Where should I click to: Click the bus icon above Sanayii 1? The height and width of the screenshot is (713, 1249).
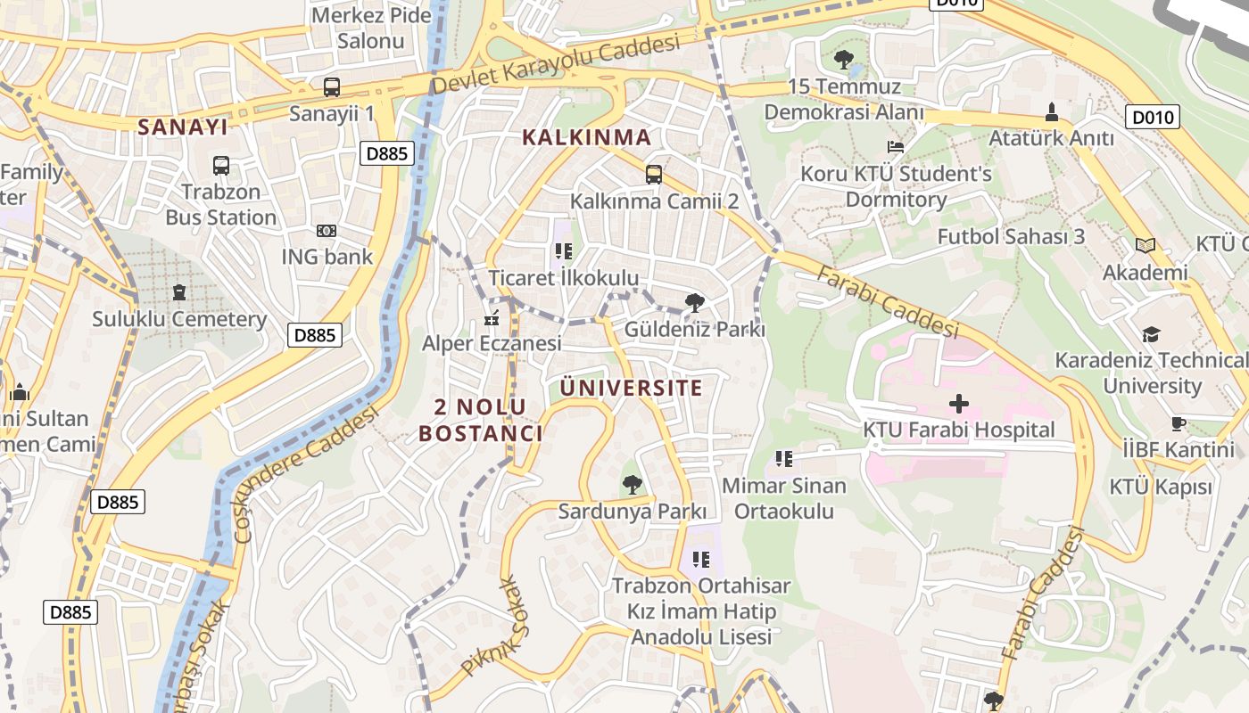[332, 86]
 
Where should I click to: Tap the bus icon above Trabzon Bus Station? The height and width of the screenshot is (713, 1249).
[221, 165]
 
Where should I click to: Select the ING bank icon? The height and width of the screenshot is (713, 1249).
[327, 231]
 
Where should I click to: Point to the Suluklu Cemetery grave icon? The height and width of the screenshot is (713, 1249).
[179, 292]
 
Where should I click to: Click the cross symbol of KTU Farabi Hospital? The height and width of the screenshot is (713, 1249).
[959, 404]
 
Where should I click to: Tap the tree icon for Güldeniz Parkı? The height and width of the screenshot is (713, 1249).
[694, 303]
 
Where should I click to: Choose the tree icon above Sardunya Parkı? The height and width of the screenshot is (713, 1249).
[633, 485]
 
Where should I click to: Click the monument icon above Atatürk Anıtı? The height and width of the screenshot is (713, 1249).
[1051, 112]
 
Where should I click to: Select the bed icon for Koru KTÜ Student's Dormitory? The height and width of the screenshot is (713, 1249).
[896, 146]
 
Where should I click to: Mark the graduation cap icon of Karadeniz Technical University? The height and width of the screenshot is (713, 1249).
[1152, 334]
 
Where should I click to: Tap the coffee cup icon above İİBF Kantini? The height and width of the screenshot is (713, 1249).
[1178, 423]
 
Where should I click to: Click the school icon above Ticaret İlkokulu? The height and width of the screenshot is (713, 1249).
[563, 251]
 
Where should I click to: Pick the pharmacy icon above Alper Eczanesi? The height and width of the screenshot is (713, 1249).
[491, 316]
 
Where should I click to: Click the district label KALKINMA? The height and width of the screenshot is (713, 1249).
[586, 137]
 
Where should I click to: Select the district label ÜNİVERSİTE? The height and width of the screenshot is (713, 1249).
[632, 388]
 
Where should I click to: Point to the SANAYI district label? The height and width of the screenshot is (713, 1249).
[183, 127]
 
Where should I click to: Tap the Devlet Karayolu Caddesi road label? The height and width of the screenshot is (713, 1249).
[556, 63]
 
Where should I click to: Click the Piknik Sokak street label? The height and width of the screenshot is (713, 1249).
[489, 627]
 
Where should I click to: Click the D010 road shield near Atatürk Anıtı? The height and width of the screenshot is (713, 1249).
[1153, 117]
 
